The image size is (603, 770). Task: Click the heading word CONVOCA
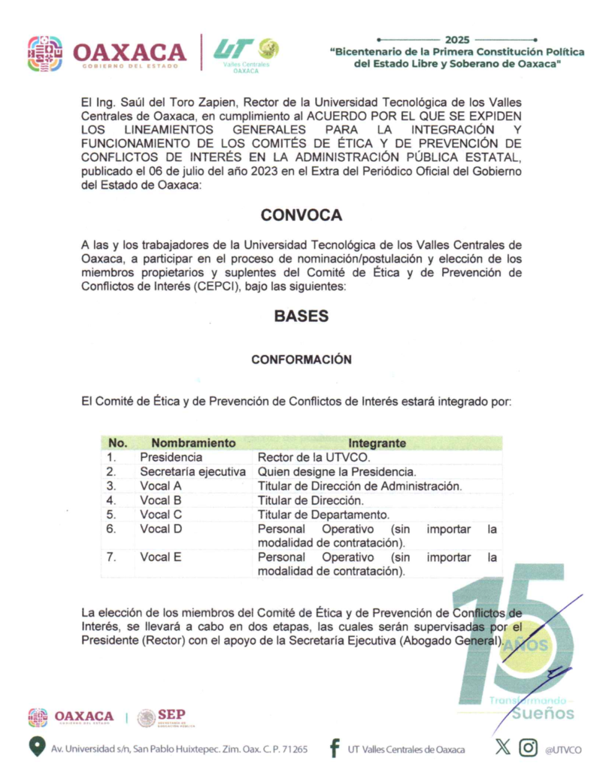pos(301,215)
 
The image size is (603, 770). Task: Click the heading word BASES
pos(301,316)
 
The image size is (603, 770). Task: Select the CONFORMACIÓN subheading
pos(301,359)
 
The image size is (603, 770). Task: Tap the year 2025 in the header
pos(456,39)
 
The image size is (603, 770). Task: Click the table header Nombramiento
pos(192,443)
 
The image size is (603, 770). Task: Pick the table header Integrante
pos(377,443)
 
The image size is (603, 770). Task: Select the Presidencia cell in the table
pos(171,457)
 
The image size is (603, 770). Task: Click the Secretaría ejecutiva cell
pos(192,471)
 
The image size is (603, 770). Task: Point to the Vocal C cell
pos(160,514)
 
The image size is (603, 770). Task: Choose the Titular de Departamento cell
pos(323,514)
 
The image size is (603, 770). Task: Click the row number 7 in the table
pos(111,557)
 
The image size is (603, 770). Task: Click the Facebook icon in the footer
pos(334,748)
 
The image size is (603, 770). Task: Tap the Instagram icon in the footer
pos(529,747)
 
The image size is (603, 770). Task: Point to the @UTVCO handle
pos(564,749)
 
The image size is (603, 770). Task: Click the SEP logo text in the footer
pos(171,715)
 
